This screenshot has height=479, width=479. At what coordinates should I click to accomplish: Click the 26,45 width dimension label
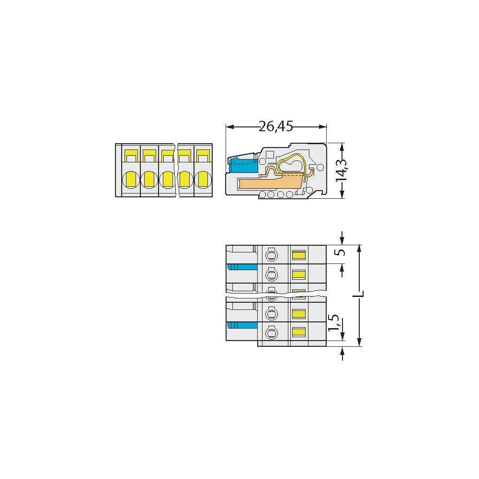coord(275,126)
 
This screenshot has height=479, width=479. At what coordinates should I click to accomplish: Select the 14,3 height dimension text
coord(342,171)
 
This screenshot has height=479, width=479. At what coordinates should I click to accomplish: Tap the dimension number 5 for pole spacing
coord(341,253)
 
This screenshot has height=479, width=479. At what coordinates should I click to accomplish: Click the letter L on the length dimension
coord(362,293)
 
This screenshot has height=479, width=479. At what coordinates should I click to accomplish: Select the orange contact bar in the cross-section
coord(268,182)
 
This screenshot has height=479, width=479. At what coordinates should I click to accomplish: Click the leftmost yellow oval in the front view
coord(131,180)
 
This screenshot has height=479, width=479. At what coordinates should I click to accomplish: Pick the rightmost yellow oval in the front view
coord(203,180)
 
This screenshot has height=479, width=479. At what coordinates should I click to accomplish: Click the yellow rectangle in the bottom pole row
coord(299,332)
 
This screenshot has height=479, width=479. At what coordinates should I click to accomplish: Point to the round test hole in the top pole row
coord(272,254)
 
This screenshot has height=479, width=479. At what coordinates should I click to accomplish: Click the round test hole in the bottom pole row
coord(272,332)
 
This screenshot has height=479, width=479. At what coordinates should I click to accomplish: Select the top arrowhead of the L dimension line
coord(360,248)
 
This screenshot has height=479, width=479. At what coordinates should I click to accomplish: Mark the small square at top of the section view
coord(269,154)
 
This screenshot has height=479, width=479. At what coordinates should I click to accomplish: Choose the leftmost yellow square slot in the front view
coord(131,156)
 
